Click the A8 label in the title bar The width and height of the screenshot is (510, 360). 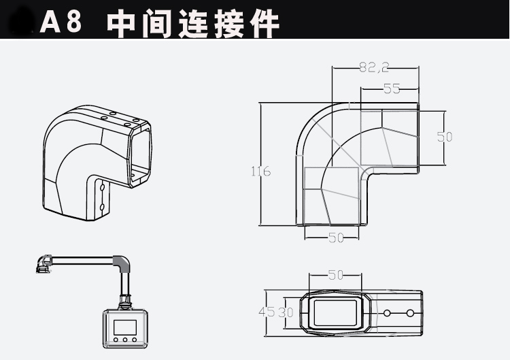[61, 22]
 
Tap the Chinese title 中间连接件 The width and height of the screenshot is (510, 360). [193, 23]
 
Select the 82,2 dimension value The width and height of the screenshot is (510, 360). [373, 67]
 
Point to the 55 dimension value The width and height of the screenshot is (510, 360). [392, 88]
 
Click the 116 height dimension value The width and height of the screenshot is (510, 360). [260, 171]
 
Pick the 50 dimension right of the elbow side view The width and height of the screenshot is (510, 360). [445, 136]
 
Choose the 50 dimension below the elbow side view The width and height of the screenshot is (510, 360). [335, 237]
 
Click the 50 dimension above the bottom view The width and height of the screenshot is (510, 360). [335, 276]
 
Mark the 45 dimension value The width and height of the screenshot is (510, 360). [266, 312]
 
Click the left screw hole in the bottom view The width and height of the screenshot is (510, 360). [387, 313]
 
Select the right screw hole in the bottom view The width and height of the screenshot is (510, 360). [410, 313]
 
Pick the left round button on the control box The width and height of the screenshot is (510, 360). [116, 339]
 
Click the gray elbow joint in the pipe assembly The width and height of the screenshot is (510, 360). [121, 264]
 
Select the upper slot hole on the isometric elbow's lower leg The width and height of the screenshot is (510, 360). [101, 185]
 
